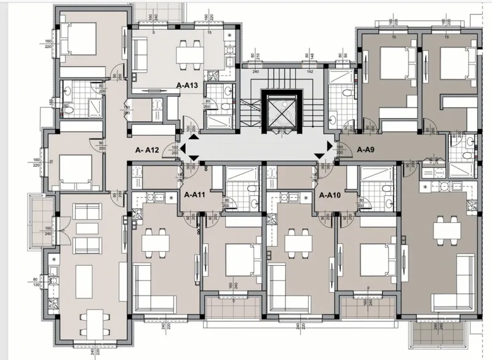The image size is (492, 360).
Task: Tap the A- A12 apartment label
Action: (x=148, y=150)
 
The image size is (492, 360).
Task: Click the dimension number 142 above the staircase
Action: (x=310, y=71)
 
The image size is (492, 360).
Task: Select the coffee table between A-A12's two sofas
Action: (x=85, y=228)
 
